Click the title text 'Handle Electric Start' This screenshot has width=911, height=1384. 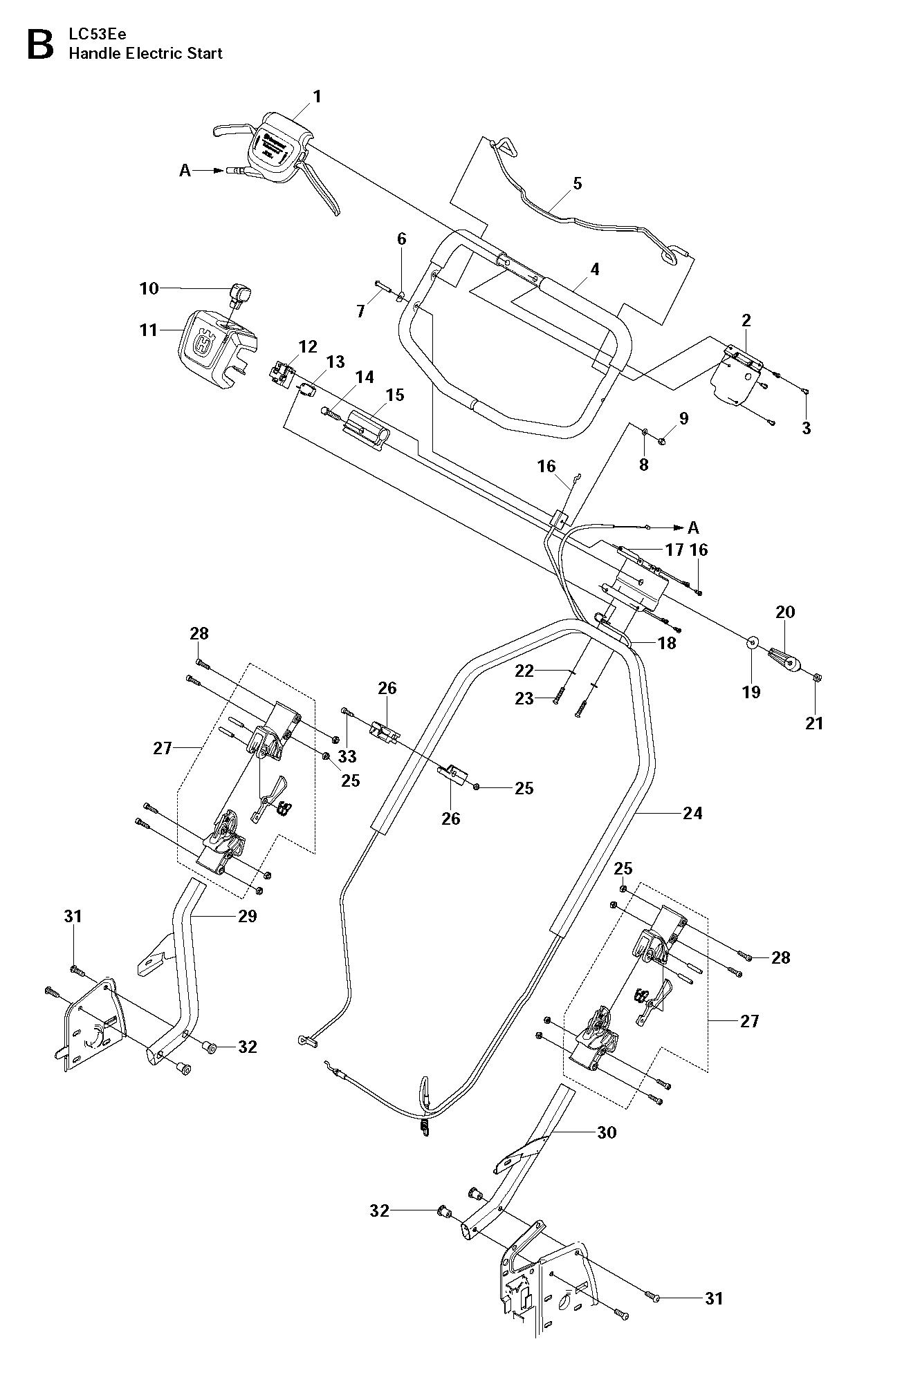[145, 53]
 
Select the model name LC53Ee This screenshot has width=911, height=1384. [93, 35]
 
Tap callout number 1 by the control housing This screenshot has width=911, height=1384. [317, 97]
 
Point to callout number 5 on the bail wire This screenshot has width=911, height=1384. [578, 184]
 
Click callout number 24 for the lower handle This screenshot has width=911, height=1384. [692, 814]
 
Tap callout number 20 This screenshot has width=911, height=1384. [786, 612]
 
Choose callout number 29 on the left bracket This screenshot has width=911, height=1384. [247, 916]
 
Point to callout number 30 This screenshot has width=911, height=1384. [607, 1132]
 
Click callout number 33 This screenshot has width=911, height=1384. [347, 757]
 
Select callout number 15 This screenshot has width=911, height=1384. [395, 395]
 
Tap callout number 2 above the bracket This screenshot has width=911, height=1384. [746, 320]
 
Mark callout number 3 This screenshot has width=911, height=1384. [806, 428]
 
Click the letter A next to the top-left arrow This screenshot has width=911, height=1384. [185, 170]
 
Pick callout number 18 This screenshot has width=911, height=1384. [667, 643]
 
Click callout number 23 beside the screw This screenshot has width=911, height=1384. [524, 699]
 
